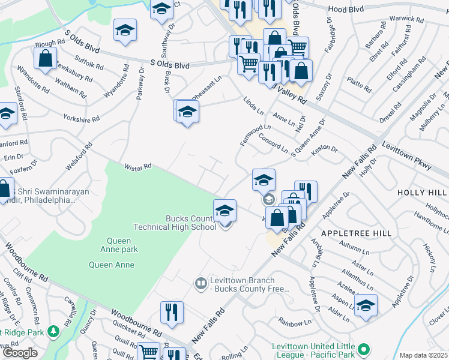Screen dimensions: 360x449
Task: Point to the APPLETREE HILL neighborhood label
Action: coord(357,233)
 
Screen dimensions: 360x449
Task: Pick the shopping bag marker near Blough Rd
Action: coord(45,58)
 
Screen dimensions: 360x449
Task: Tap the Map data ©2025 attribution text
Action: coord(423,355)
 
